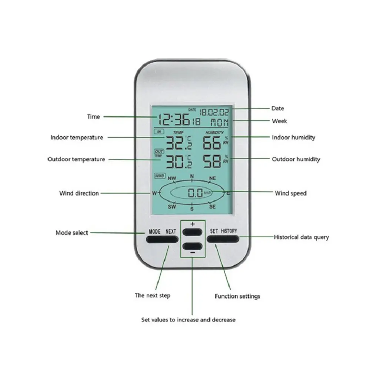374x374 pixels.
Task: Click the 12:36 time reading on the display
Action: [x=174, y=119]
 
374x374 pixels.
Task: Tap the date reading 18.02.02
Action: [x=214, y=111]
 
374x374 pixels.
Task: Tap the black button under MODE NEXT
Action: [x=162, y=239]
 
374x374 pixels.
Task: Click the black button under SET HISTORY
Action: [x=223, y=239]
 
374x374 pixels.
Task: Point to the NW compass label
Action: [x=172, y=178]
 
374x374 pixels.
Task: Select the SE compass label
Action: [x=212, y=207]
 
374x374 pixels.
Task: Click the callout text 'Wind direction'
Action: [x=79, y=193]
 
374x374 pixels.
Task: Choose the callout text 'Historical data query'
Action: [x=301, y=237]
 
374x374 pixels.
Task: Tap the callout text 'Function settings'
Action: [x=237, y=296]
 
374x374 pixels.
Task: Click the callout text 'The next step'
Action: [x=153, y=295]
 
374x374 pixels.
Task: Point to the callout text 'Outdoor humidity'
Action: [x=296, y=160]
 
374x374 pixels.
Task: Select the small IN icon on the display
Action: [x=158, y=132]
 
